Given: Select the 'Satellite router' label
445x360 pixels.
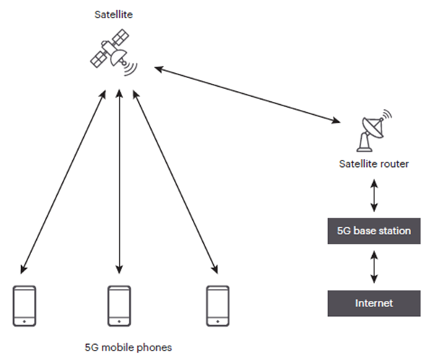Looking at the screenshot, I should (373, 164).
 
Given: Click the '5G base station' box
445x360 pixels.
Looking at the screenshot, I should (373, 231).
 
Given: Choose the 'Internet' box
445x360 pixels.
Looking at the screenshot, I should (373, 303).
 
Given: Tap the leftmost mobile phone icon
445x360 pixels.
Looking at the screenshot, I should (25, 305).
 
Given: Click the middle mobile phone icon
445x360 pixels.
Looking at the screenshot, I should (118, 305).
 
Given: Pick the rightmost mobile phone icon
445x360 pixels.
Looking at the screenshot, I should (217, 305).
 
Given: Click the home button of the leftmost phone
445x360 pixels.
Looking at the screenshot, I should (25, 319).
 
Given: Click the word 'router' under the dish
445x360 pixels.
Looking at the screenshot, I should (394, 164).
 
